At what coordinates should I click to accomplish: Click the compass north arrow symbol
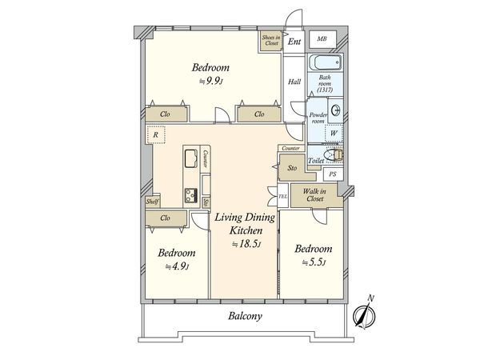coord(365,314)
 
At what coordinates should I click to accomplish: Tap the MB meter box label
coord(322,39)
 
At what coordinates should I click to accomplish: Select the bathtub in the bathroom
coord(325,62)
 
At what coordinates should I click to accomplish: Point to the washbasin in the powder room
coord(336,110)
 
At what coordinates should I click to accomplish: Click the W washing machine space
coord(334,134)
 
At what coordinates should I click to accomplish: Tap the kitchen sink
coord(190,158)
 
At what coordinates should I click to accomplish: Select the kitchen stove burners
coord(190,195)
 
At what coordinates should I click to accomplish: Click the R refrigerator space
coord(156,134)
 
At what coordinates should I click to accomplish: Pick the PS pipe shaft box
coord(333,174)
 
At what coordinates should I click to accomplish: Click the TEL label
coord(282,196)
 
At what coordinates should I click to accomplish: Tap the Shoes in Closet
coord(271,41)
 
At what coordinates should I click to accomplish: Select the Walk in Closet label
coord(314,195)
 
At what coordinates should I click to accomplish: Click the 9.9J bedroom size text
coord(210,81)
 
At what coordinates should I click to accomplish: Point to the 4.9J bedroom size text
coord(177,266)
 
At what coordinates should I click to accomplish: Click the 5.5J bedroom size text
coord(314,262)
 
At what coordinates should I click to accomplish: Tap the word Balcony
coord(246,316)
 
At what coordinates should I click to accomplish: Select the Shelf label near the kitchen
coord(152,202)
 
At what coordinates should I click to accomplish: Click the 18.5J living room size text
coord(246,244)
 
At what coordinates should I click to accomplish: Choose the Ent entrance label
coord(294,42)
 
